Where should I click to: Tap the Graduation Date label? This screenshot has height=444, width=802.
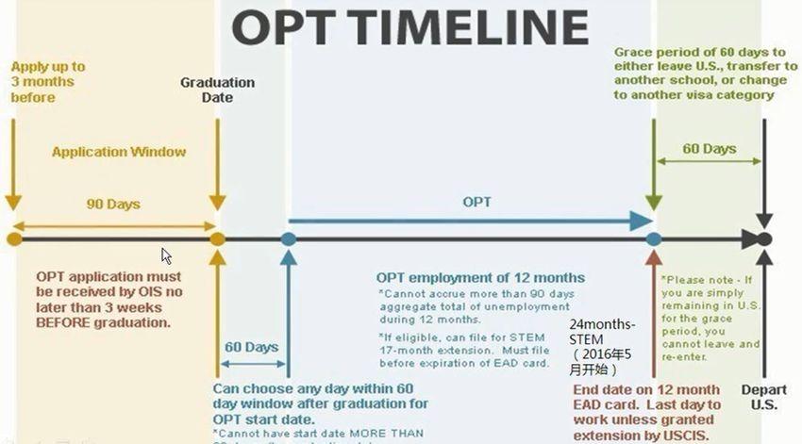[x=217, y=90]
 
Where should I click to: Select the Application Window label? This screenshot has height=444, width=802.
[x=119, y=151]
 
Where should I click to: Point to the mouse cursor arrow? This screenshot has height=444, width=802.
[x=166, y=255]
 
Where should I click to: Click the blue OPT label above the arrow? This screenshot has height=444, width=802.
[x=476, y=203]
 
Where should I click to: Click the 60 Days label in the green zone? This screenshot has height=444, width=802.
[x=709, y=149]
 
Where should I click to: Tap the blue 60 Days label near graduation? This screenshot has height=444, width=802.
[x=251, y=347]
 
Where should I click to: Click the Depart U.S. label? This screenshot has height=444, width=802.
[x=762, y=397]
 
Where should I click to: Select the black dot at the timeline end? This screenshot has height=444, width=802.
[x=764, y=239]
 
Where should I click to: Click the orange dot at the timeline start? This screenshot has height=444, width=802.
[x=13, y=239]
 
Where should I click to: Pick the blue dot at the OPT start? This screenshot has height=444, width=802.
[x=289, y=239]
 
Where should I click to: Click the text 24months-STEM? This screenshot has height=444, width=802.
[x=602, y=332]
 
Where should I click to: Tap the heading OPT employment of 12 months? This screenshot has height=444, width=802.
[x=480, y=277]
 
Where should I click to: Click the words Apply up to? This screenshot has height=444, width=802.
[x=47, y=67]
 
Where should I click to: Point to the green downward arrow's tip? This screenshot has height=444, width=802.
[x=652, y=209]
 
